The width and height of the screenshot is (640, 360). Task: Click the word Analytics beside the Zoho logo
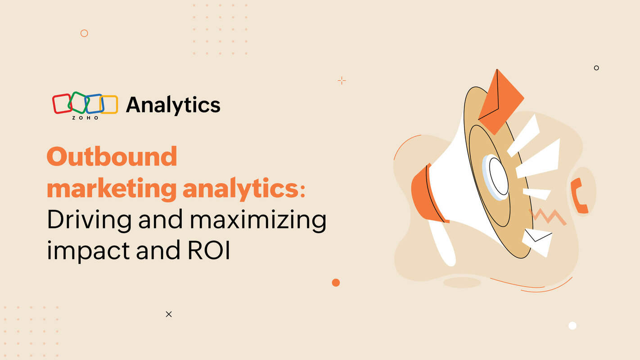[173, 105]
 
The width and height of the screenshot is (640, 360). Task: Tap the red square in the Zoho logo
[62, 103]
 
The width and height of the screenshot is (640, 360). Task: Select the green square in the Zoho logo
[78, 102]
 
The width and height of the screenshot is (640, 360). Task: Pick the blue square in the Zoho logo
[95, 103]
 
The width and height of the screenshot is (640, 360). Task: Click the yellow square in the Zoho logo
[110, 104]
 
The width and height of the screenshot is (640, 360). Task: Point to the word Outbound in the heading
[112, 157]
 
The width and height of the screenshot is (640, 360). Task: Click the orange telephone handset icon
[579, 195]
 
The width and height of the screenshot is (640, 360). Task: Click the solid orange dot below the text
[336, 283]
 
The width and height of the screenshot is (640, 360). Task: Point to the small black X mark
[169, 314]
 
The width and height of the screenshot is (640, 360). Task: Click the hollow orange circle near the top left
[84, 33]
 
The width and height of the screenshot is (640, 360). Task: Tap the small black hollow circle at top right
[596, 68]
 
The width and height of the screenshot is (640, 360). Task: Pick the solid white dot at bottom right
[572, 325]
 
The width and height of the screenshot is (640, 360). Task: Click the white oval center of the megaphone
[498, 176]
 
